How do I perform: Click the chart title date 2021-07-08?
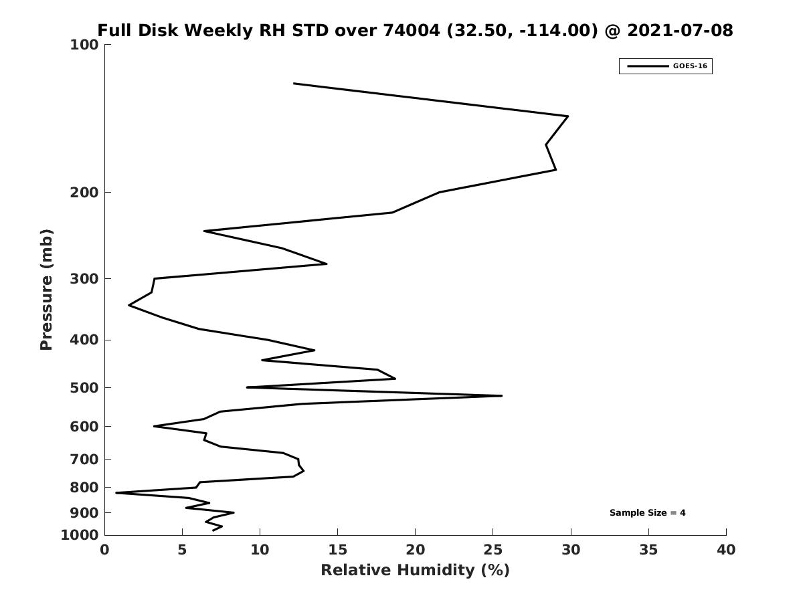point(680,30)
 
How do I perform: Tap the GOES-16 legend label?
point(690,66)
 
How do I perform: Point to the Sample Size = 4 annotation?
point(647,513)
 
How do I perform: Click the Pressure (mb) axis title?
point(46,290)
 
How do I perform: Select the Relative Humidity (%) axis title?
point(416,570)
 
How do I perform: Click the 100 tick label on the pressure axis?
point(84,45)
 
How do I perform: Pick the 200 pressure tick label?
point(84,192)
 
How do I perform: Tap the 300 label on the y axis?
point(84,279)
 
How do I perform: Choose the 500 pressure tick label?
point(84,387)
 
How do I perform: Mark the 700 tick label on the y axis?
point(84,459)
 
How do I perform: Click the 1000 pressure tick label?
point(80,535)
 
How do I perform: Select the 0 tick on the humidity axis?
point(104,550)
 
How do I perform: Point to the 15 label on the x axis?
point(337,550)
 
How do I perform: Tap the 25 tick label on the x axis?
point(493,550)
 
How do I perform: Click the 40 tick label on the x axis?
point(726,550)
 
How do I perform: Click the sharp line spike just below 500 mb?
point(502,396)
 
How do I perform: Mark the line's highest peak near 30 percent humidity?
point(567,116)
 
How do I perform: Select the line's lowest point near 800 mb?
point(116,493)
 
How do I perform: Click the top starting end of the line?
point(294,84)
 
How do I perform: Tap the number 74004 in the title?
point(411,30)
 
